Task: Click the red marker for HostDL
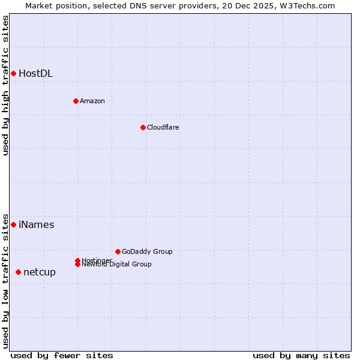point(13,73)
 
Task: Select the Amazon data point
point(76,101)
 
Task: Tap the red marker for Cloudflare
point(143,127)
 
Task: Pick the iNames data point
point(13,224)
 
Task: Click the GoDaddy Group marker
point(118,251)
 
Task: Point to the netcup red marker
point(18,272)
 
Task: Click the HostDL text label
point(35,74)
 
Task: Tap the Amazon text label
point(92,101)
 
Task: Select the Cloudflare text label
point(163,127)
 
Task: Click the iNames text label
point(36,225)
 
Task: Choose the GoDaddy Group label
point(147,251)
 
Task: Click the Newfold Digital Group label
point(116,265)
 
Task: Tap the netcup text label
point(40,272)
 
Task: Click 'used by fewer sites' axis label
point(62,355)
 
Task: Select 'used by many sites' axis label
point(301,355)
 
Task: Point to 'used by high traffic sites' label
point(6,85)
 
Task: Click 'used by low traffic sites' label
point(6,280)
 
